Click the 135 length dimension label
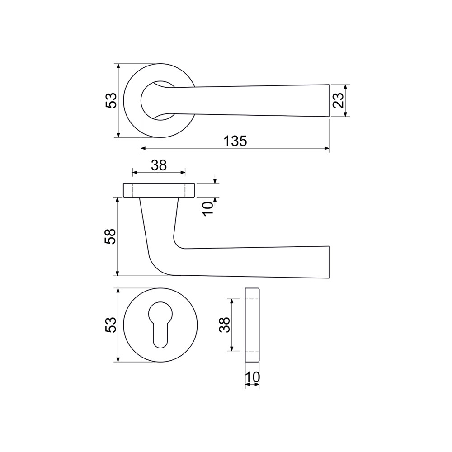click(x=235, y=141)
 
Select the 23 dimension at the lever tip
click(x=339, y=100)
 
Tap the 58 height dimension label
click(x=110, y=236)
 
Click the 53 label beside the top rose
click(x=111, y=100)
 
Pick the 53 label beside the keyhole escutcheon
click(x=111, y=325)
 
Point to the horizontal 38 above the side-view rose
click(x=159, y=165)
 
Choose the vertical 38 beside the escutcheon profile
click(x=225, y=325)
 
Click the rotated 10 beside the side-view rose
click(x=207, y=208)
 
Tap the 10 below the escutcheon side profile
click(x=252, y=377)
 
